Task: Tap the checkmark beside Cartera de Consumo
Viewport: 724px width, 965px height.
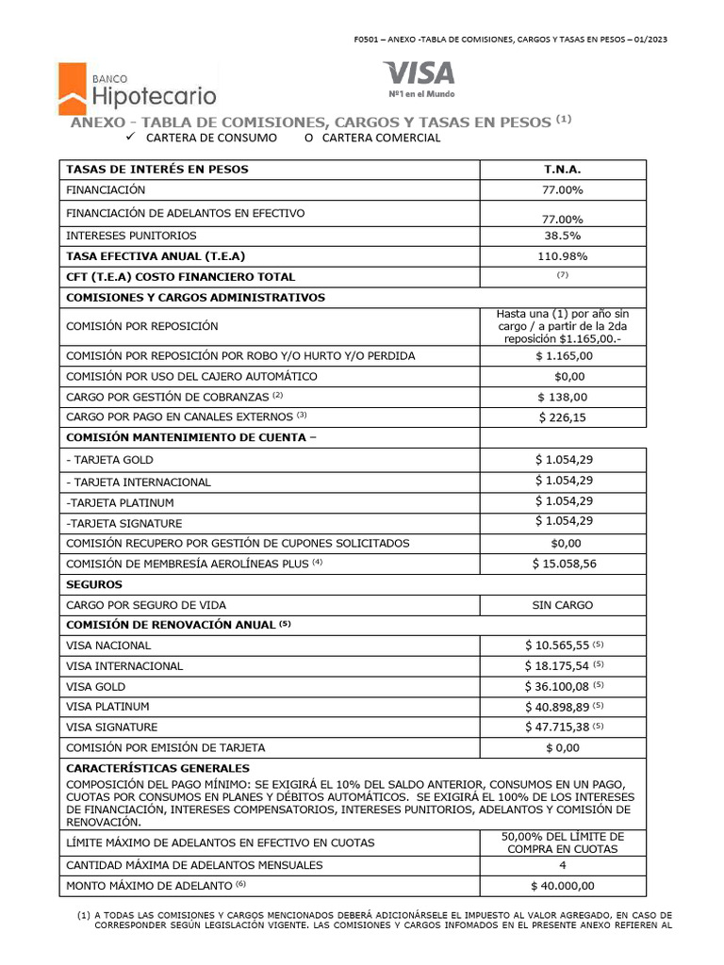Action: (131, 138)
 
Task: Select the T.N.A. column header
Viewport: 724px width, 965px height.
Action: (563, 170)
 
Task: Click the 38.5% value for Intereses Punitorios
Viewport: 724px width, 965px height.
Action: (563, 236)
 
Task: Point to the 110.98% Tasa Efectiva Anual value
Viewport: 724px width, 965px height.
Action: (563, 256)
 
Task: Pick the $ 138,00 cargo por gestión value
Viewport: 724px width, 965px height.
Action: (563, 397)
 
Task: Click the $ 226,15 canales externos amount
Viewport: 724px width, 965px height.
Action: (563, 417)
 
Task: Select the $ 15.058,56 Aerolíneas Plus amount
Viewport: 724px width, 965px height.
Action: (563, 564)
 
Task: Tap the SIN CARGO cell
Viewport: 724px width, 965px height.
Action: (563, 605)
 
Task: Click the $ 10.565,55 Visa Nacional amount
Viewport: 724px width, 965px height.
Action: (557, 646)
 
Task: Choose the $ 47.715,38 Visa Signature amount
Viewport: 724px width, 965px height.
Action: (557, 727)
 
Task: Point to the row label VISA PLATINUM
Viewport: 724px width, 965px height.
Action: (107, 707)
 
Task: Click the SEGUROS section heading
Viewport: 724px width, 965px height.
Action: (93, 584)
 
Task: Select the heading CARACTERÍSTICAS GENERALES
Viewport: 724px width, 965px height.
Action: (157, 768)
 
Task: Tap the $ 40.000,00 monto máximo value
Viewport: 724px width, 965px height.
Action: (563, 886)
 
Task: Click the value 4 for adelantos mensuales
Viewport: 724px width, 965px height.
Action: (563, 865)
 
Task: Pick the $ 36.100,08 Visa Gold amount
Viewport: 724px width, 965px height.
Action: (557, 686)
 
